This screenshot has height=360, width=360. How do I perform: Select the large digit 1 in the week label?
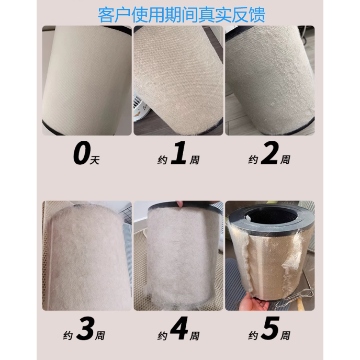pyautogui.click(x=179, y=156)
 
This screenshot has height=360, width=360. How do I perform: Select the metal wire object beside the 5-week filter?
pyautogui.click(x=298, y=303)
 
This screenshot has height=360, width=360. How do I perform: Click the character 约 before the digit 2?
pyautogui.click(x=252, y=160)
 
